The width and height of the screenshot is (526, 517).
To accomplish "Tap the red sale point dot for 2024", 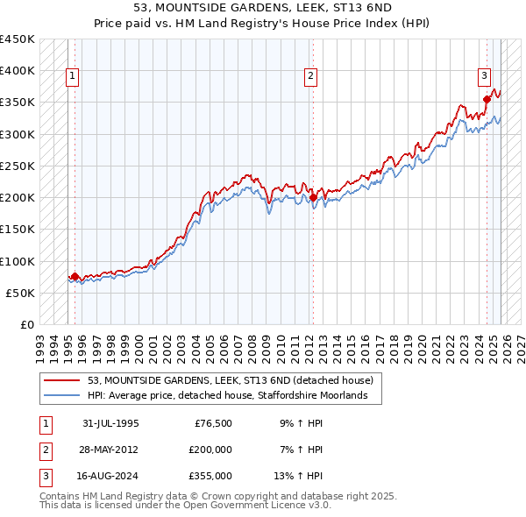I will [x=487, y=99].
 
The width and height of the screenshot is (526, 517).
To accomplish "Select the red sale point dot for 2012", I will [x=313, y=197].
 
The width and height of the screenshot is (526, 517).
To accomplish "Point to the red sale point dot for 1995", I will [x=75, y=276].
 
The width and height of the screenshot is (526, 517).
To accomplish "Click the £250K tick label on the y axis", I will [x=18, y=166].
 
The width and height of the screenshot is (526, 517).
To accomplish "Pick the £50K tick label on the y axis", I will [x=21, y=293].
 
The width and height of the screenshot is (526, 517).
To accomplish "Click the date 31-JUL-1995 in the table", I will [x=110, y=422].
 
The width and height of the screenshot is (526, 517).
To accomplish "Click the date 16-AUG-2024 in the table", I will [x=111, y=477].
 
